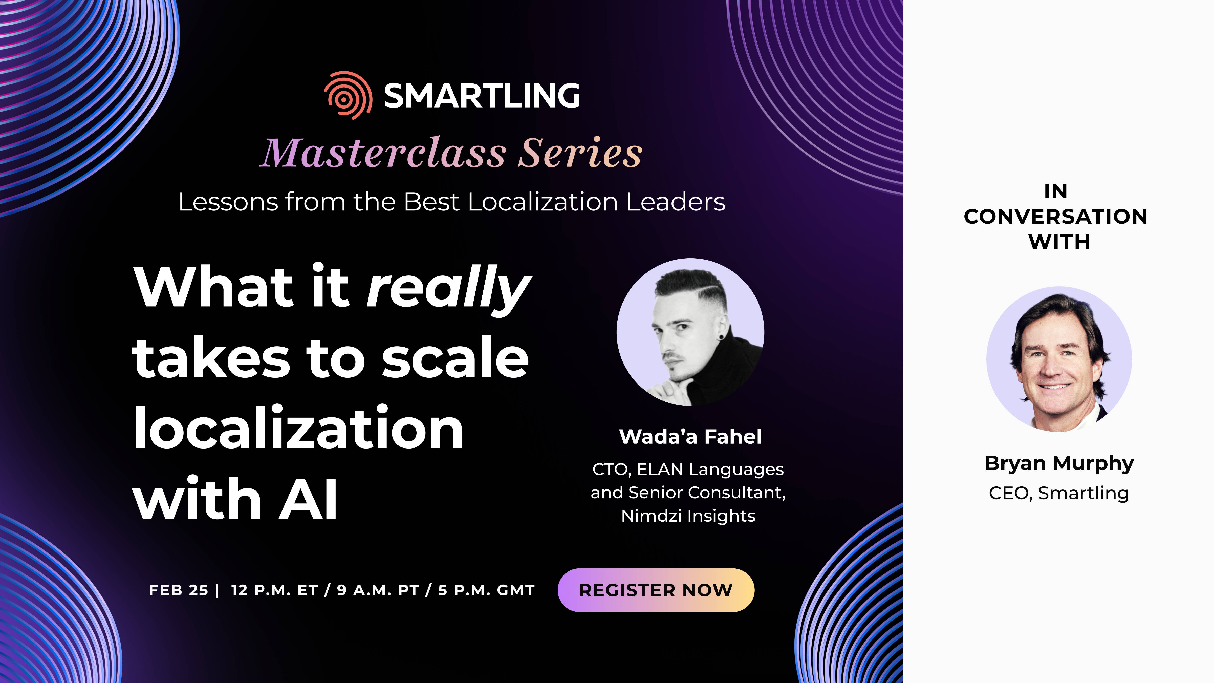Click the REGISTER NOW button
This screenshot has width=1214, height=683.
click(656, 590)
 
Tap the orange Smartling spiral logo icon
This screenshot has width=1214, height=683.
click(348, 95)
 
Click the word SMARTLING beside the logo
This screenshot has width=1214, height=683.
click(482, 96)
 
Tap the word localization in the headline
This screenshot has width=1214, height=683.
click(298, 428)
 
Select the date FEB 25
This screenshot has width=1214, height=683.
click(179, 590)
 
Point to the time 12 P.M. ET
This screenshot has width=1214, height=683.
click(274, 590)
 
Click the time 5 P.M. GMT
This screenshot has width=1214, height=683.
click(486, 590)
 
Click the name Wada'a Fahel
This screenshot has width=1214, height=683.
click(690, 436)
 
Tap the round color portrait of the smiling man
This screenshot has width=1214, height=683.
click(1059, 359)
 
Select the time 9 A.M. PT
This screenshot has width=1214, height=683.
click(378, 590)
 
